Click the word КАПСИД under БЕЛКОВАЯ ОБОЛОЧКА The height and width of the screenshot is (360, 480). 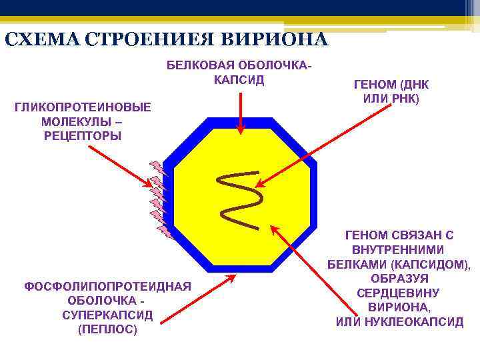pos(239,80)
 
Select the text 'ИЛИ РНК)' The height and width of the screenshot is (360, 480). pos(391,99)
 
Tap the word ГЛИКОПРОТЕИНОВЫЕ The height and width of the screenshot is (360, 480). pos(82,107)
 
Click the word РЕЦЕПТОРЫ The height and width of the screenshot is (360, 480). pos(82,136)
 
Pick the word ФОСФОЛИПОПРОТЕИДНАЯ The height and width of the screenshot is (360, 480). pos(107,287)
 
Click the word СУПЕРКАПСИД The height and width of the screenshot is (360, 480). pos(107,315)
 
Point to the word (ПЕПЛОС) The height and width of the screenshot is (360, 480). pos(107,329)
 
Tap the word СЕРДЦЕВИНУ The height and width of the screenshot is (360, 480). pos(399,293)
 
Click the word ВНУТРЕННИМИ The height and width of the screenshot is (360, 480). pos(399,249)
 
